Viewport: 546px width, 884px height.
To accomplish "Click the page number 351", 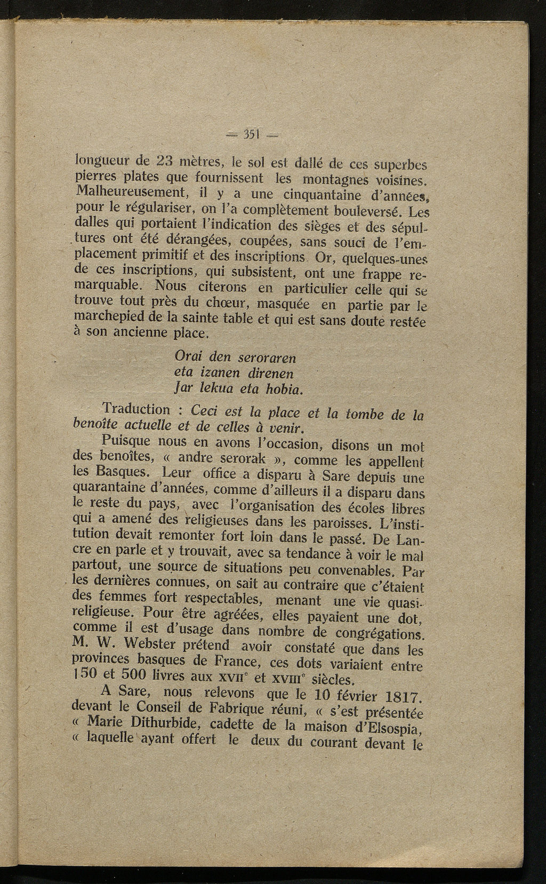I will [250, 134].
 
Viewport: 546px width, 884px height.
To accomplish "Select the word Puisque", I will [124, 442].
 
